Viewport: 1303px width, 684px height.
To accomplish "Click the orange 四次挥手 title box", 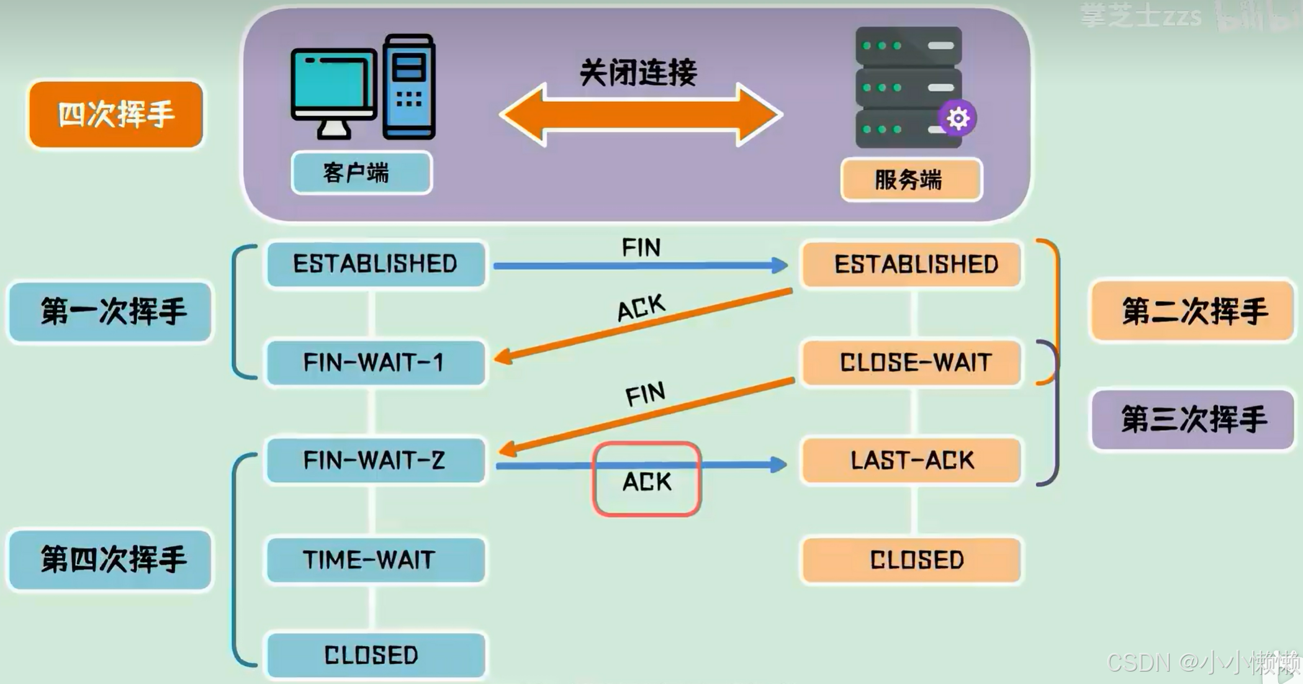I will (116, 115).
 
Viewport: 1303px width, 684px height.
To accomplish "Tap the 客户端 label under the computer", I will (361, 173).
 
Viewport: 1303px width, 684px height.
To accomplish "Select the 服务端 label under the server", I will (911, 180).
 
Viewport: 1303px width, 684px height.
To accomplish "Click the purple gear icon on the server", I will (957, 118).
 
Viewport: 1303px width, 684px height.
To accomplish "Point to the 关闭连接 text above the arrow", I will (638, 73).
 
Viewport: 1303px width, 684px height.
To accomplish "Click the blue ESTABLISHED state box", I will (376, 264).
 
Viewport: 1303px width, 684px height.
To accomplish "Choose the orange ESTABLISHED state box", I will (911, 264).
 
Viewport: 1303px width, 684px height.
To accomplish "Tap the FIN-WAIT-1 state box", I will (376, 362).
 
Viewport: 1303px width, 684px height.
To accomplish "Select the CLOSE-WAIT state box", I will (911, 362).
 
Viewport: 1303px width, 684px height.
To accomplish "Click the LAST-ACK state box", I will (911, 461).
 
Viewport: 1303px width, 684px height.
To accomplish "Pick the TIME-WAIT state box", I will (376, 560).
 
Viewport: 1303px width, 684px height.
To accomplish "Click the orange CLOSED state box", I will (911, 560).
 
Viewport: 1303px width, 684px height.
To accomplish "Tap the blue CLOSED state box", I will (376, 655).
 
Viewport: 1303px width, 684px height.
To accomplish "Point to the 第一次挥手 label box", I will (110, 312).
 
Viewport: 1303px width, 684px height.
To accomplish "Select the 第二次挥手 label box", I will (1192, 311).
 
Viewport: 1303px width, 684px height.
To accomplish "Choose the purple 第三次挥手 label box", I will (1192, 420).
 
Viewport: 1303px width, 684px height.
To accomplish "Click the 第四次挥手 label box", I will (110, 559).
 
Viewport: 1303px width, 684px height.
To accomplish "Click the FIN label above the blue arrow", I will (641, 248).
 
